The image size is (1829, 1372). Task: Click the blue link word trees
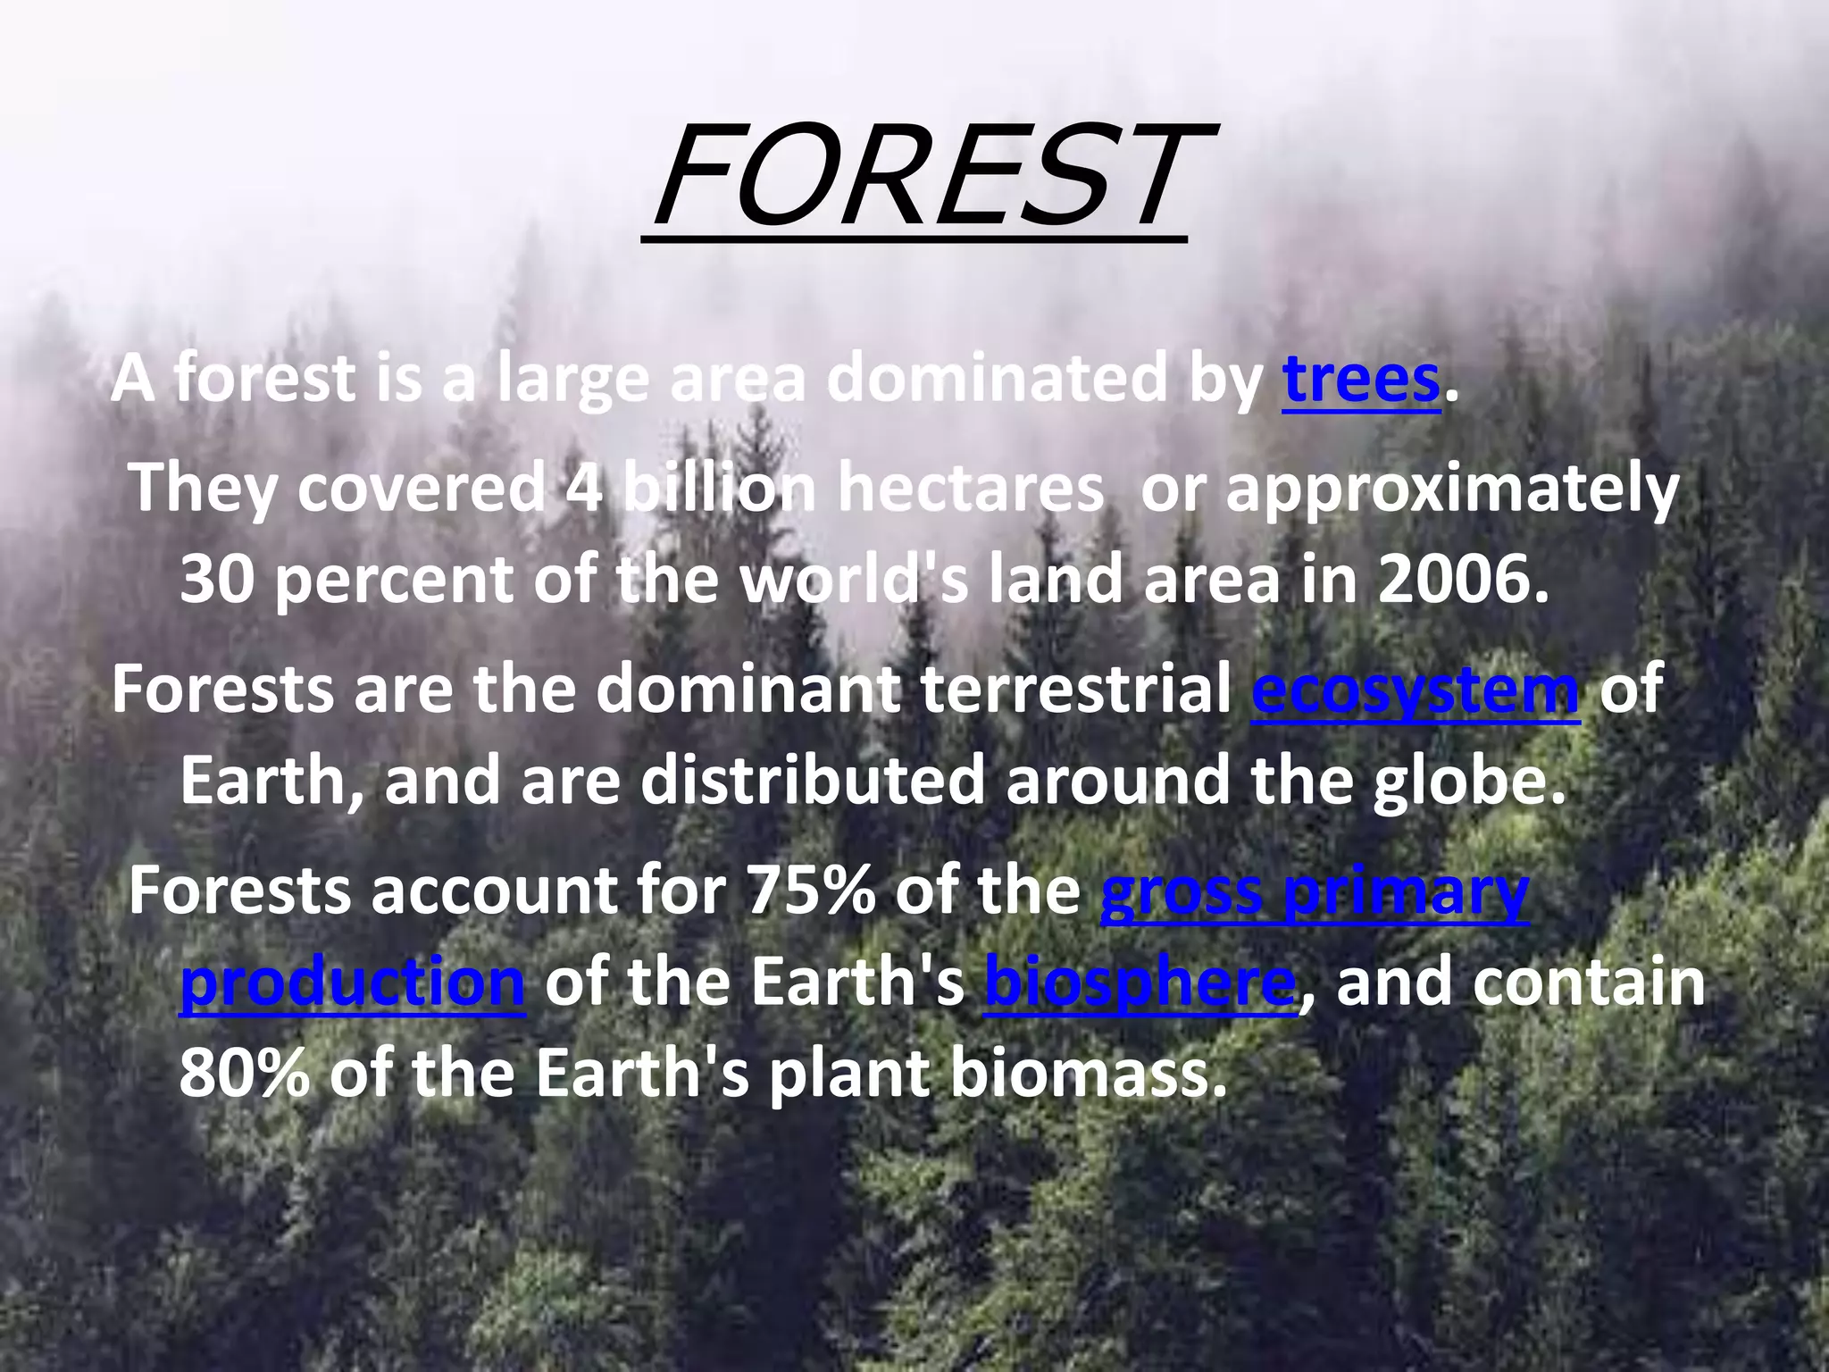[x=1361, y=380]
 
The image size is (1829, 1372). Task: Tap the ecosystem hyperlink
[x=1415, y=690]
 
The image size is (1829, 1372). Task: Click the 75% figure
[x=810, y=891]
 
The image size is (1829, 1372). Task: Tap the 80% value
[x=244, y=1074]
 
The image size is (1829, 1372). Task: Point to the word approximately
[x=1452, y=489]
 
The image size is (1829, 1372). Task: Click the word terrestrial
[x=1075, y=690]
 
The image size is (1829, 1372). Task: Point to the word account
[x=493, y=891]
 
